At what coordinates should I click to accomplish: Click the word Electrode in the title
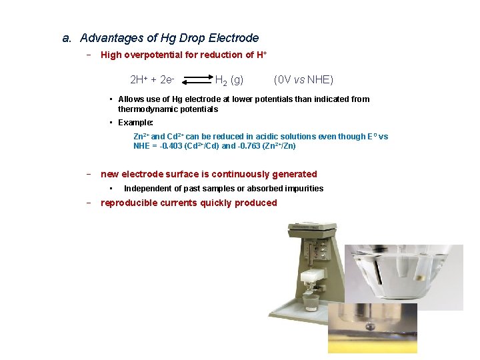[x=233, y=38]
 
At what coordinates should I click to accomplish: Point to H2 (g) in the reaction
[x=229, y=81]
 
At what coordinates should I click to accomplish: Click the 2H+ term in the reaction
[x=139, y=80]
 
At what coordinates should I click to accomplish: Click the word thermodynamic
[x=147, y=109]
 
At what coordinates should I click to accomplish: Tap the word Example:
[x=135, y=123]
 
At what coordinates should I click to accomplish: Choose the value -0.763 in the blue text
[x=254, y=146]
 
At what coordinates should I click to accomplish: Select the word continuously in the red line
[x=247, y=174]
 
